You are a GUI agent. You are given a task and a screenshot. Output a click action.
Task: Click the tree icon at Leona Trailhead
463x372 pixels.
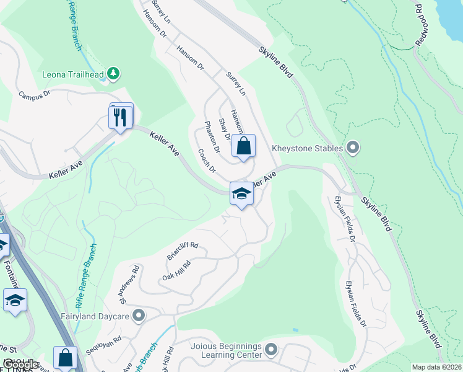pyautogui.click(x=113, y=74)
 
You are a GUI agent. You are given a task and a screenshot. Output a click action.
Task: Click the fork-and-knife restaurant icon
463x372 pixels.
pyautogui.click(x=121, y=117)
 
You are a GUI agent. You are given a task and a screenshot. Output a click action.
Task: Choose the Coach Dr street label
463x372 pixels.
pyautogui.click(x=207, y=161)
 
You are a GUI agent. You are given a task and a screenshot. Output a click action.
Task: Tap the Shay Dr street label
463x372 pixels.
pyautogui.click(x=224, y=129)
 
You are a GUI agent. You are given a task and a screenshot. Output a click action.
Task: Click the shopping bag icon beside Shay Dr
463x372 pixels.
pyautogui.click(x=244, y=147)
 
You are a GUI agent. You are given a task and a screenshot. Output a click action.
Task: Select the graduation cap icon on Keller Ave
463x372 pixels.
pyautogui.click(x=241, y=194)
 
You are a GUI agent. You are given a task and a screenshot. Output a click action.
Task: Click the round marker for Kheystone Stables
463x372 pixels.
pyautogui.click(x=353, y=148)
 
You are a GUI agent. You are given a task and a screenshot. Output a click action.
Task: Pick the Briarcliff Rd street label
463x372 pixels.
pyautogui.click(x=182, y=250)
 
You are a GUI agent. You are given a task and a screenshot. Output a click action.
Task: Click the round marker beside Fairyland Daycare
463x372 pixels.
pyautogui.click(x=138, y=315)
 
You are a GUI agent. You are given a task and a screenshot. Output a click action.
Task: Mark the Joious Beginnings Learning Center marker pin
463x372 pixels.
pyautogui.click(x=271, y=351)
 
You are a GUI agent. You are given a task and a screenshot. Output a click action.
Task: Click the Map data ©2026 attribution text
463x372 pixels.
pyautogui.click(x=436, y=367)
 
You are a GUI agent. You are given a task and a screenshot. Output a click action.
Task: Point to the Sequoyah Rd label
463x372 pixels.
pyautogui.click(x=105, y=345)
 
